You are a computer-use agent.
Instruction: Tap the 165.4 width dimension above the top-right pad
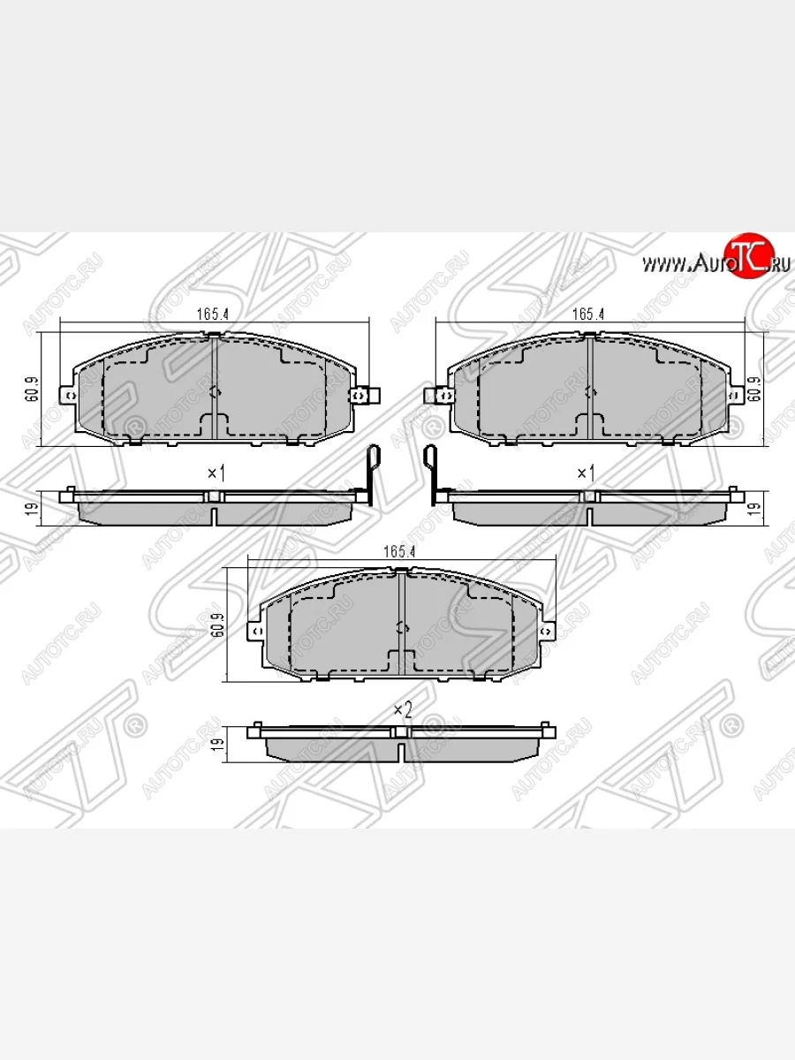[x=587, y=314]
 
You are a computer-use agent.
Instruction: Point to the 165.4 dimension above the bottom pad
[x=398, y=551]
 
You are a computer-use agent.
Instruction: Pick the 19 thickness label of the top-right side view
[x=754, y=508]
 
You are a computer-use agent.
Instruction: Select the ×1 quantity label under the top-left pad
[x=216, y=473]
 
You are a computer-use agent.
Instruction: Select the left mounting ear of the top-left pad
[x=65, y=394]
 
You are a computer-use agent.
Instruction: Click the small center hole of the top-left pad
[x=214, y=393]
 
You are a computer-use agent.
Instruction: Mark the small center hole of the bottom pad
[x=400, y=628]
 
